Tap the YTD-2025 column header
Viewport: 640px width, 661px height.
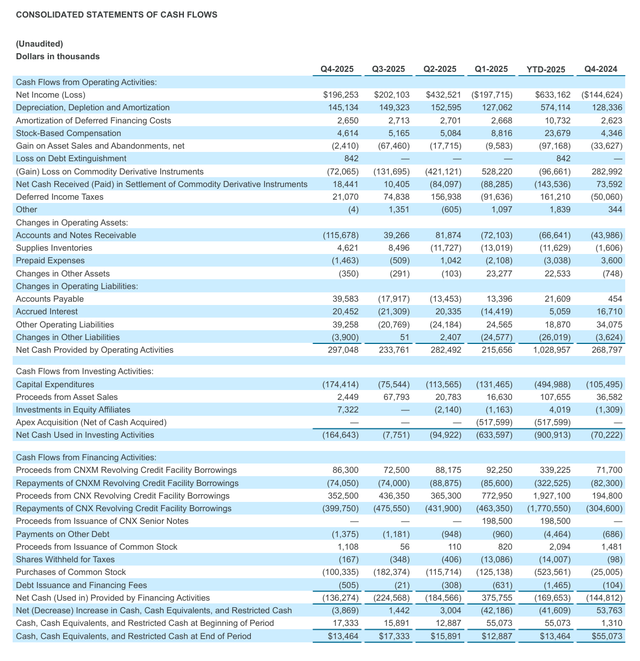(x=548, y=69)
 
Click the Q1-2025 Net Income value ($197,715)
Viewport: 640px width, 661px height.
(x=492, y=94)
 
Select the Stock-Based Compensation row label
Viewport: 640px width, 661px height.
(x=68, y=133)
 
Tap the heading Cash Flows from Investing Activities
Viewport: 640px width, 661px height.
(x=84, y=370)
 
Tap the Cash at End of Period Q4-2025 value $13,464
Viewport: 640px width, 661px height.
(x=341, y=635)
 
